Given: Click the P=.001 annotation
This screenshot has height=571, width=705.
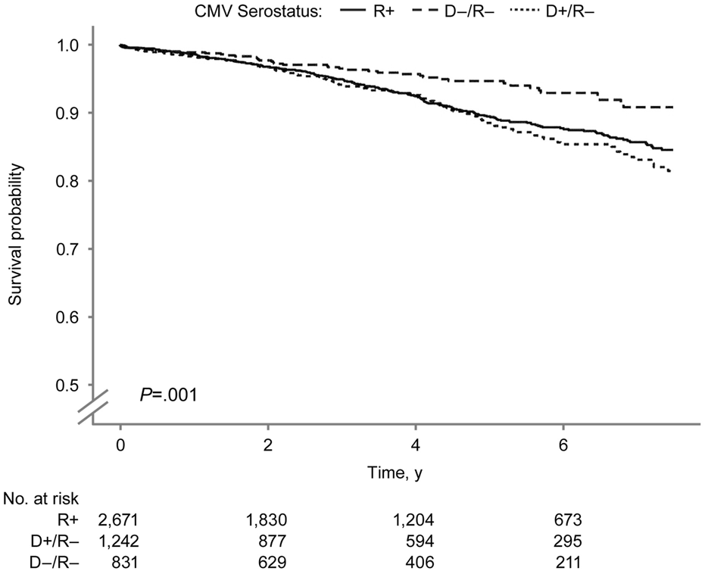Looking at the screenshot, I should point(168,395).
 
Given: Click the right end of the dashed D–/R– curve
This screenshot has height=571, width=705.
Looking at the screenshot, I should point(672,108).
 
